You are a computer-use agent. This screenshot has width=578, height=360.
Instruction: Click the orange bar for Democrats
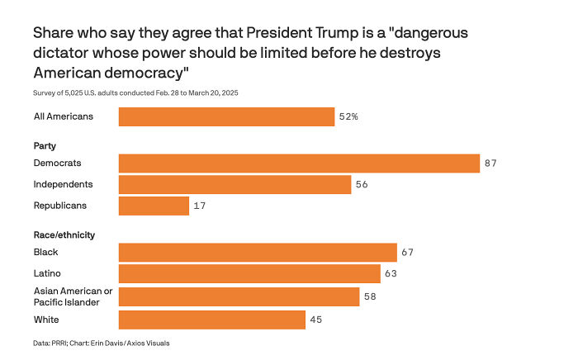(299, 163)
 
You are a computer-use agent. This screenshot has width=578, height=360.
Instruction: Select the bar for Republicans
(154, 206)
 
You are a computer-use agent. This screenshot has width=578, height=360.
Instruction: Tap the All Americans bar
(226, 116)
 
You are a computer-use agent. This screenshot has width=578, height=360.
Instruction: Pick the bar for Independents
(235, 184)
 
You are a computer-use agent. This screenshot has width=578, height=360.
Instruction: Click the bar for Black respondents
(258, 253)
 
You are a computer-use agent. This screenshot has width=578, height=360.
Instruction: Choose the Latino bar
(249, 273)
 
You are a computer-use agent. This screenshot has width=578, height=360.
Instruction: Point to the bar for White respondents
(211, 320)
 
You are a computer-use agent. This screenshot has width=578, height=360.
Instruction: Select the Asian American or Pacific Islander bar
(239, 296)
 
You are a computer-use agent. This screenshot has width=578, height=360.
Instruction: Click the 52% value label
(348, 117)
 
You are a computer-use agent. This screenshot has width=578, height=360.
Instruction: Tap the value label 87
(490, 163)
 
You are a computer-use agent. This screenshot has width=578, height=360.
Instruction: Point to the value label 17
(200, 206)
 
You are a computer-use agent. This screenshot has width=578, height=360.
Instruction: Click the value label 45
(316, 320)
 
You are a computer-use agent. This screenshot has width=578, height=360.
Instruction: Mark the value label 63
(391, 273)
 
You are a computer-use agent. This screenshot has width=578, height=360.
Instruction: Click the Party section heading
(44, 145)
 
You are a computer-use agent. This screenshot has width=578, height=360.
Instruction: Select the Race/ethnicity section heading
(64, 234)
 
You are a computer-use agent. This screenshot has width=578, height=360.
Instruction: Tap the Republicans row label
(59, 205)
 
